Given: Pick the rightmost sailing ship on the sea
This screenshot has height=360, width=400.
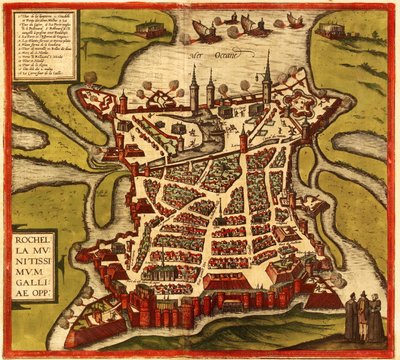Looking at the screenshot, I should [295, 20].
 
